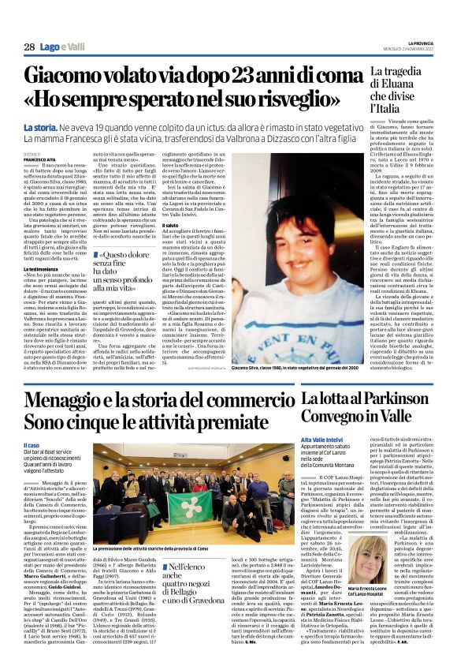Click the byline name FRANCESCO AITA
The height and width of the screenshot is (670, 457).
pos(40,159)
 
